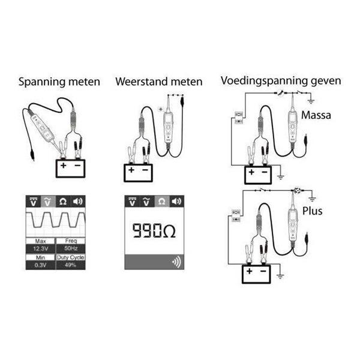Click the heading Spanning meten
(59, 82)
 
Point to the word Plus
(313, 211)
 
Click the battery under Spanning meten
(71, 168)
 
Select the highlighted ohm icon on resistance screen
(161, 202)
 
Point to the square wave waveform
(55, 223)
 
